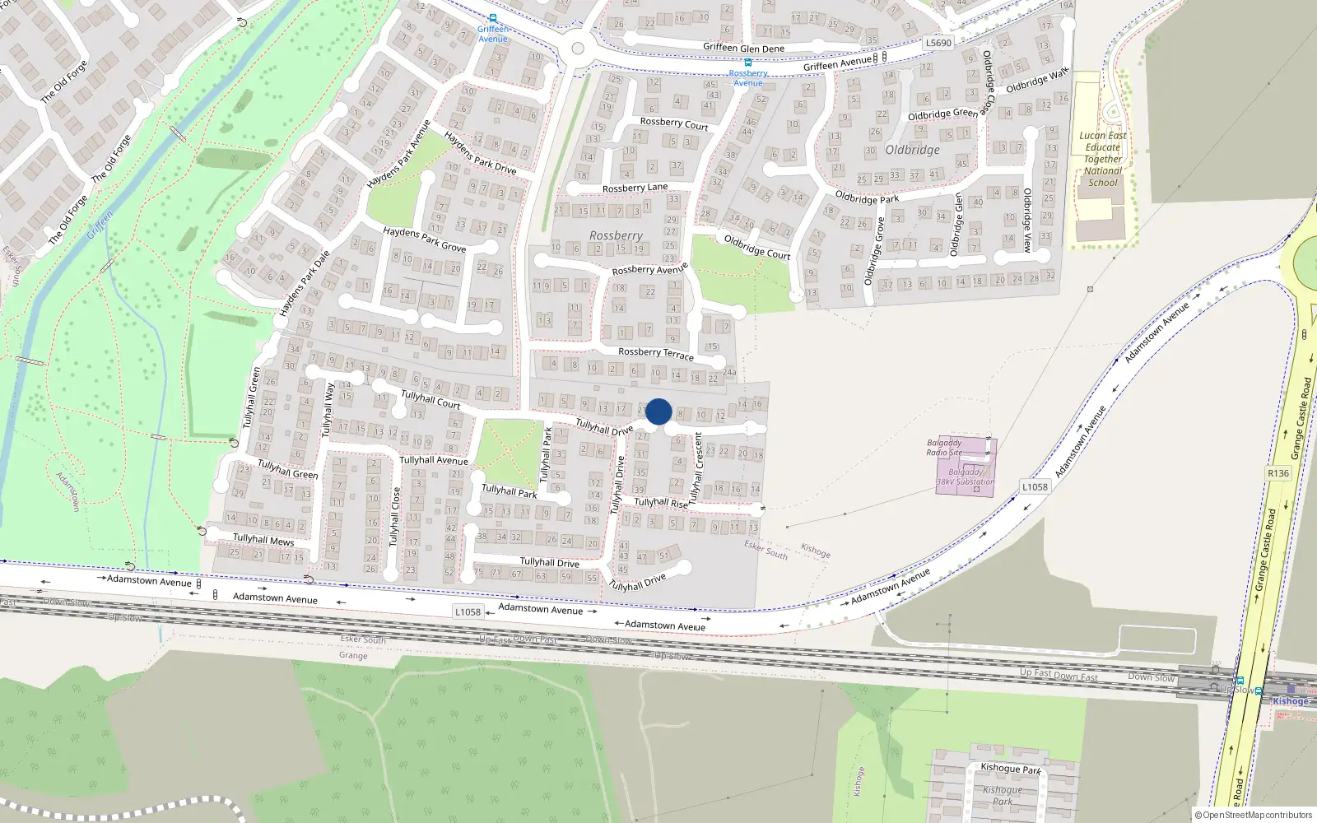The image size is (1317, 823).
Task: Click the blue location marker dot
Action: (x=658, y=411)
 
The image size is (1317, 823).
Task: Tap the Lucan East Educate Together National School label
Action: (x=1102, y=159)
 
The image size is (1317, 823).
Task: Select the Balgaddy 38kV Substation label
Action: (x=966, y=477)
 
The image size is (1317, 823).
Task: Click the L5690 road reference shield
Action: (x=938, y=43)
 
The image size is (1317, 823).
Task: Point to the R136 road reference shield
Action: (x=1278, y=473)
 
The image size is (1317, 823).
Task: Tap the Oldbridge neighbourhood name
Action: (x=912, y=150)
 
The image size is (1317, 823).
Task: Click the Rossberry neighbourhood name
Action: (x=616, y=235)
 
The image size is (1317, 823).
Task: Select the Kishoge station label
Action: (x=1290, y=702)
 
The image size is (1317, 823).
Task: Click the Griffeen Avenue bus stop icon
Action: (x=493, y=18)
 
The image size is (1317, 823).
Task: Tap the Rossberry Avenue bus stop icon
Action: (x=747, y=63)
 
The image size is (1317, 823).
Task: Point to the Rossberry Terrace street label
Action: (x=655, y=353)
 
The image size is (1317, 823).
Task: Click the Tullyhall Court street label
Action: (x=430, y=400)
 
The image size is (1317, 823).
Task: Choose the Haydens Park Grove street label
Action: (x=424, y=239)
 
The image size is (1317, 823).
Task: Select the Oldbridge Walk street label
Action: (x=1037, y=81)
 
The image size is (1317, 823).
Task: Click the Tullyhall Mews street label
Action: (x=263, y=540)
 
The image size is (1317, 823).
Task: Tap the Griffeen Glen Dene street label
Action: (x=743, y=49)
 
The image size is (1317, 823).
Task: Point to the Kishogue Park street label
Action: (x=1011, y=769)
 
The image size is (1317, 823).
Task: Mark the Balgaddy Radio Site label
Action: (x=944, y=448)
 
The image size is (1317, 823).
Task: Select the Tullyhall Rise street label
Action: (x=661, y=502)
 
